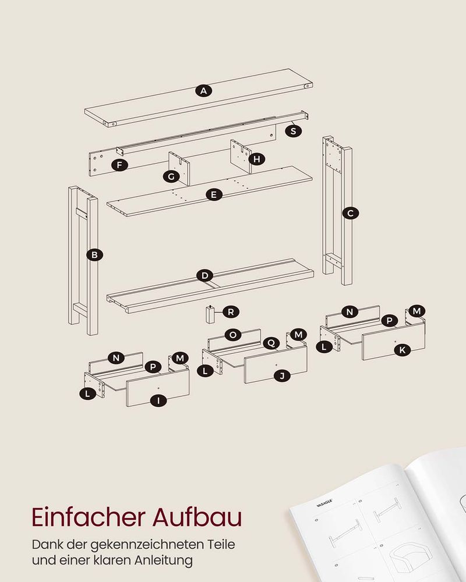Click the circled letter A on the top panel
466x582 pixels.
pos(204,91)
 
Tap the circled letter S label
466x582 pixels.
pos(293,130)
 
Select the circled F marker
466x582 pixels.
pos(119,165)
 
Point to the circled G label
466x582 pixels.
pos(171,176)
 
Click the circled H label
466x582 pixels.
pos(257,159)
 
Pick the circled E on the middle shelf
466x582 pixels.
pos(214,194)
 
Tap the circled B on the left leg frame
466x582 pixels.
pos(94,255)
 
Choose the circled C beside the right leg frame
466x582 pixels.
pos(351,213)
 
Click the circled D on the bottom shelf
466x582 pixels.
pos(205,275)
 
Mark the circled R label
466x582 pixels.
pos(231,312)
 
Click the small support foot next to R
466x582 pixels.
pos(210,314)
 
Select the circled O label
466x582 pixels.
pos(233,335)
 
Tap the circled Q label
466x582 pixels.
pos(271,343)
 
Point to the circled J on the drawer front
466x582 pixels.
pos(282,376)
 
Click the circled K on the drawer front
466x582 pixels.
pos(402,350)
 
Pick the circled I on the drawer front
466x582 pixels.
pos(158,400)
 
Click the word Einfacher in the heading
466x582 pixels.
pos(89,517)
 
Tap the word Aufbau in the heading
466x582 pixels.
pos(197,517)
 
